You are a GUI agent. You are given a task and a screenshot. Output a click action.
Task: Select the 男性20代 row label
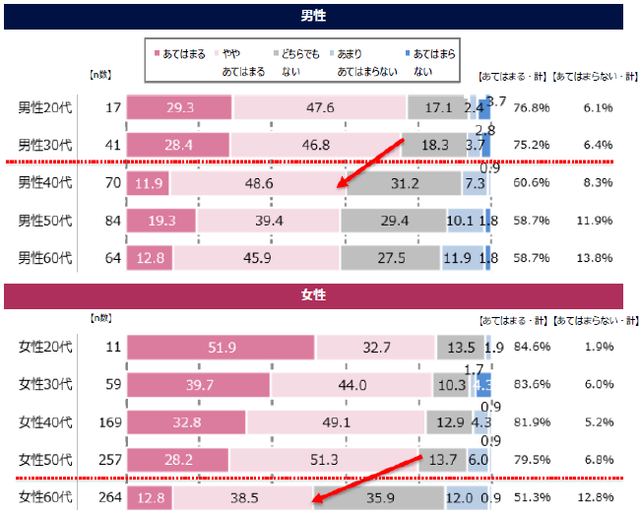(x=45, y=107)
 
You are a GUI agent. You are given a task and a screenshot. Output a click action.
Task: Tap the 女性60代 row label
(x=45, y=497)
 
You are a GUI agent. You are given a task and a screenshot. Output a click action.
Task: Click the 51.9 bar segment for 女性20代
(x=221, y=347)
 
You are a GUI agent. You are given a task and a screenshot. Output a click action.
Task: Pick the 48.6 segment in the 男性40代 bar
(x=258, y=182)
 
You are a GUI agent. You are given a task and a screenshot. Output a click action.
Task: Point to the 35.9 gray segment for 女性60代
(x=378, y=497)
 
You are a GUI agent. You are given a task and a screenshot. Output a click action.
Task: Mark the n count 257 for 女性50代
(x=110, y=460)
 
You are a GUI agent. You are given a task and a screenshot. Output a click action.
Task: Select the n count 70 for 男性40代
(x=110, y=182)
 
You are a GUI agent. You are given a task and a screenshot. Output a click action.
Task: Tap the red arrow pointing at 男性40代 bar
(x=371, y=163)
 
